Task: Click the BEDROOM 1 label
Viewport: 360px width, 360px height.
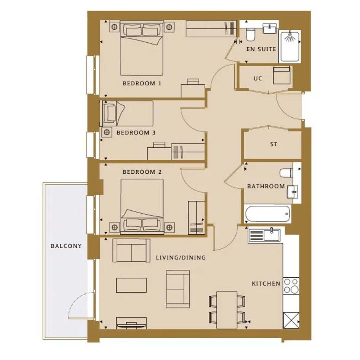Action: (x=142, y=83)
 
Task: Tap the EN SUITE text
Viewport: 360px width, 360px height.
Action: (x=261, y=49)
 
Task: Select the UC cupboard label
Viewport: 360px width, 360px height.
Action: (x=258, y=78)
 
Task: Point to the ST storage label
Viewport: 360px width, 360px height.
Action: (x=274, y=144)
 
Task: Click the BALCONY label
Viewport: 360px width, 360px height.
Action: (x=66, y=246)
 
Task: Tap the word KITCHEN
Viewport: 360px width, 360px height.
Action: (x=266, y=283)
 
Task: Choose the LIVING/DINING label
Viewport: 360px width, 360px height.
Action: (x=181, y=258)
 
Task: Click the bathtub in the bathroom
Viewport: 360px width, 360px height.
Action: (x=268, y=214)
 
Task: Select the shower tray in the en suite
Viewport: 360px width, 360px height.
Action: (x=290, y=46)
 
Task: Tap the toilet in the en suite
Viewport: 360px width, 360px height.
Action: (x=250, y=34)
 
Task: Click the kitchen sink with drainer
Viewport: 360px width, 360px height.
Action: (x=264, y=235)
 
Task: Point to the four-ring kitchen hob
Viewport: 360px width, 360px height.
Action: (x=291, y=286)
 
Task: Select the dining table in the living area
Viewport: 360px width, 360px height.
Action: (x=227, y=310)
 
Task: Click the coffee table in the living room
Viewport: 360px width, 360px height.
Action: (x=131, y=285)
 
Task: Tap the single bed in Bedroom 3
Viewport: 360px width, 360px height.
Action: (x=127, y=114)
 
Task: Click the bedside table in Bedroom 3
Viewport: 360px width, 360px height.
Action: (x=107, y=132)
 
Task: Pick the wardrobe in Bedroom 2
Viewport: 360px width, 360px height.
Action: (x=196, y=218)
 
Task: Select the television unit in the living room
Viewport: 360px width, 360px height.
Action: (x=131, y=323)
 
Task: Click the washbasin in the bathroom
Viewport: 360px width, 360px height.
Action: (x=293, y=192)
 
